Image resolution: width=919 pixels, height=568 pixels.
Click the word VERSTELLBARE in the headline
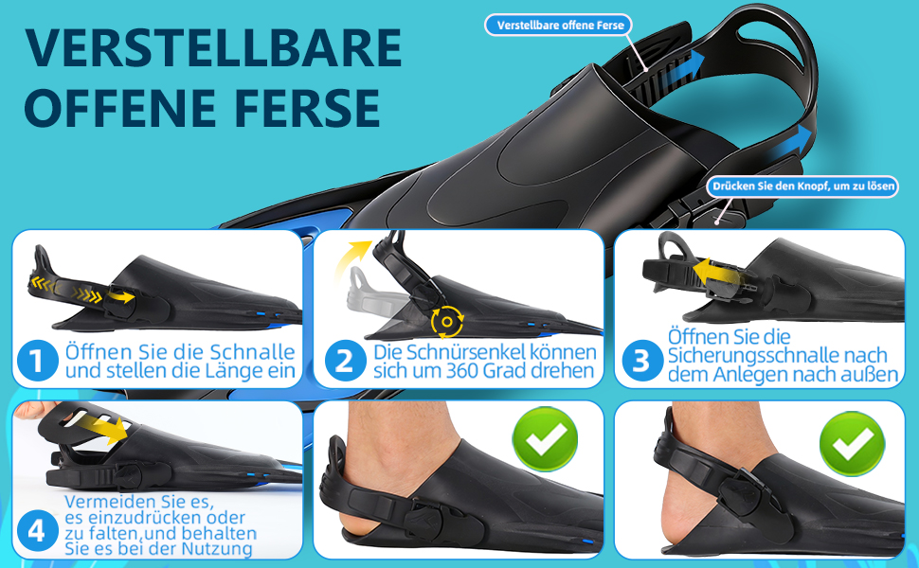(x=213, y=47)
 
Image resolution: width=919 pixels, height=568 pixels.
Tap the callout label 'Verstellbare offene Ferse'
(x=559, y=26)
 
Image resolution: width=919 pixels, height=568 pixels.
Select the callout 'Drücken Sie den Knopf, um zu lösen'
(x=803, y=186)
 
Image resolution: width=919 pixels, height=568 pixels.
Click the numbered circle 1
(x=37, y=361)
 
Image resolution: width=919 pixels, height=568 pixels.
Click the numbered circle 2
(x=344, y=361)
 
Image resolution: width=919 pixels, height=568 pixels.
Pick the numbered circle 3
(x=641, y=361)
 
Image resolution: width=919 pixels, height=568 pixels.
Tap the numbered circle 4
(x=37, y=532)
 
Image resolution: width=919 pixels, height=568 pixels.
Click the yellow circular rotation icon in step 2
(x=447, y=322)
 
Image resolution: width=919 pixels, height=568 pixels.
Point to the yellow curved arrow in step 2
(x=350, y=256)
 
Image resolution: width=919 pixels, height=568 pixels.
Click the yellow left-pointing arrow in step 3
(x=716, y=272)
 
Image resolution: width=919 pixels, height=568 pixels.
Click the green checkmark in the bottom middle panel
(x=545, y=439)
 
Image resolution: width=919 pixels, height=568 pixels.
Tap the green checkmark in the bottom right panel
(x=852, y=443)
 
